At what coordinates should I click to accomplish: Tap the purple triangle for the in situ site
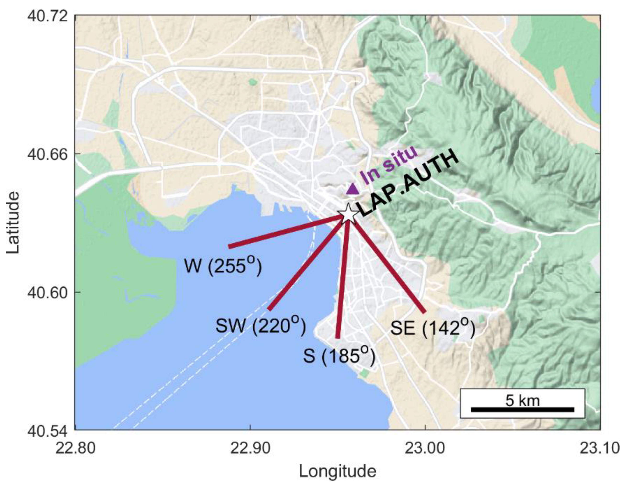coord(352,189)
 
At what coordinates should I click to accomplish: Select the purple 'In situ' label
coord(388,165)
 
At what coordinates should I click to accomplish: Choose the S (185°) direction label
coord(339,357)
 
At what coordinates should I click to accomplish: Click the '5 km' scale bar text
coord(522,400)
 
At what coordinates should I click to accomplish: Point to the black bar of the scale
coord(522,410)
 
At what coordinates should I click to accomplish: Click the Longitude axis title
coord(338,471)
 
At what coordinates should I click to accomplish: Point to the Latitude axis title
coord(13,223)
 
